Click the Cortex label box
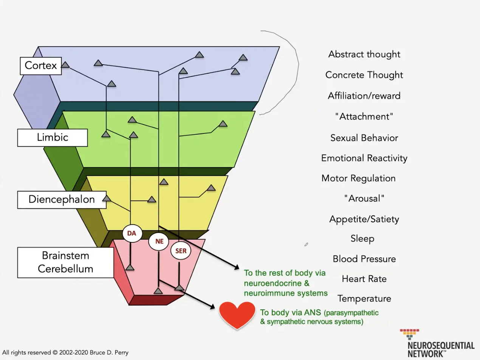point(40,65)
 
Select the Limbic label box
point(52,137)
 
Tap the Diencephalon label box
point(62,199)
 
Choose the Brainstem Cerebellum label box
point(65,262)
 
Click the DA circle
point(132,233)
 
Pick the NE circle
point(159,241)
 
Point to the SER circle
point(181,251)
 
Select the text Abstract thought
point(364,54)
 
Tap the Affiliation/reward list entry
point(364,96)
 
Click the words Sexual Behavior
point(364,138)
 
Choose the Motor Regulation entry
point(358,178)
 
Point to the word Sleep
point(362,239)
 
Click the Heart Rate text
point(364,279)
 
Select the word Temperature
point(364,299)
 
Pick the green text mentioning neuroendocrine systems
point(285,283)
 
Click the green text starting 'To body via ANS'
point(319,317)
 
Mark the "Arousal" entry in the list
point(364,199)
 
